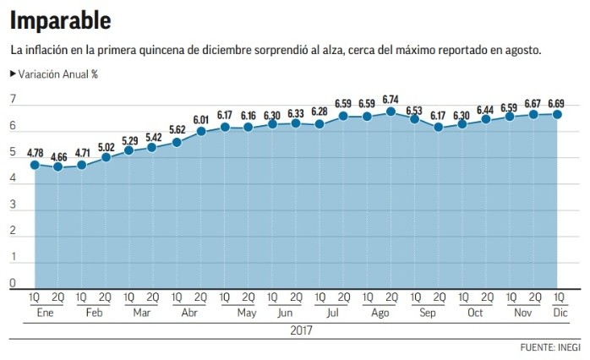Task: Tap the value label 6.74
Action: tap(391, 98)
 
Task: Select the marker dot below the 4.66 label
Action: tap(57, 166)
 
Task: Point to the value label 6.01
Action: tap(201, 119)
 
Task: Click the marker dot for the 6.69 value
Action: tap(558, 114)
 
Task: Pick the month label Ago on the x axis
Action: tap(379, 312)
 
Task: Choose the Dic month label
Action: tap(559, 312)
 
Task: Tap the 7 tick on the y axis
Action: tap(13, 100)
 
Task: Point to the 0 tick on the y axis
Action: tap(13, 281)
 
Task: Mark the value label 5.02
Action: tap(106, 145)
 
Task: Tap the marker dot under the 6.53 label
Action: tap(414, 119)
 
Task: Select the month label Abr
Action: tap(188, 312)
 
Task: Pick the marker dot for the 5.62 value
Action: tap(177, 142)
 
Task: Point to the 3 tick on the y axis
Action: tap(13, 204)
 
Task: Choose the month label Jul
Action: tap(331, 312)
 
